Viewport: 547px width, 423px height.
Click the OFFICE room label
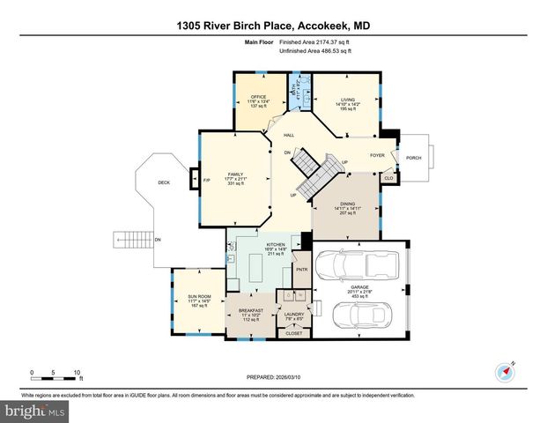coord(258,97)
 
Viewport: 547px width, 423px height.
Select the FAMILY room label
coord(235,174)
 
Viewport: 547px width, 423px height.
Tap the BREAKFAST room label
coord(252,311)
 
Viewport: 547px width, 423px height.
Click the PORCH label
coord(413,159)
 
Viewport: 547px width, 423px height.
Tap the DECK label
coord(163,182)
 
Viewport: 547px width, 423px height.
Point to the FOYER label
coord(378,155)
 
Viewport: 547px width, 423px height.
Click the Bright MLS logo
coord(35,411)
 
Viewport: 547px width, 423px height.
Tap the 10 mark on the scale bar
coord(78,373)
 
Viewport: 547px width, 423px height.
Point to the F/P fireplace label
coord(207,181)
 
